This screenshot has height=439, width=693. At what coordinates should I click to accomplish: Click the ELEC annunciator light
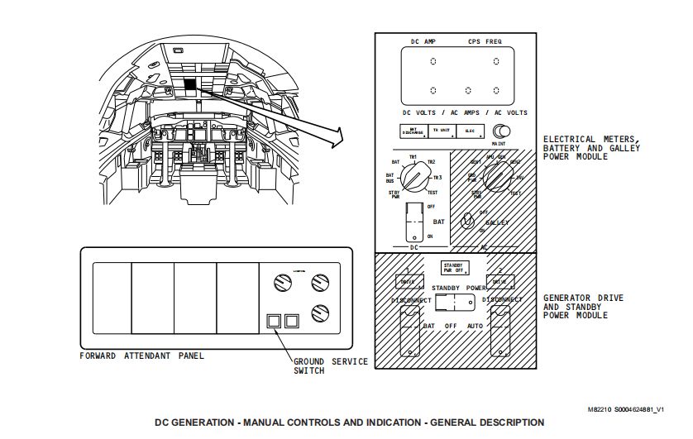(x=471, y=132)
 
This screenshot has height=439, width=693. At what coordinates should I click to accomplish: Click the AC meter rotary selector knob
(x=496, y=177)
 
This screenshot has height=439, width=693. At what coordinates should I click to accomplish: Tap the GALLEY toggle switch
(x=468, y=220)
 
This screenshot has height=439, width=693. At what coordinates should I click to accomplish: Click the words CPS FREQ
(x=485, y=41)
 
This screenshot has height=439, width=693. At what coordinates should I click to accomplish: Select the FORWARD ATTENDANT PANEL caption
(x=141, y=356)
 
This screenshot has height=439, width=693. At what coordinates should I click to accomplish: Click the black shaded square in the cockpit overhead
(x=190, y=84)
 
